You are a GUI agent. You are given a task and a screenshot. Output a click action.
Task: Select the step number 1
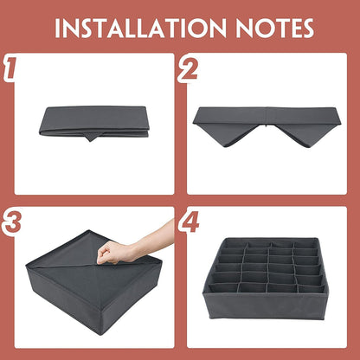pos(10,67)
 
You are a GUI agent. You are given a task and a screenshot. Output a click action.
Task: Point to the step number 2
pos(188,68)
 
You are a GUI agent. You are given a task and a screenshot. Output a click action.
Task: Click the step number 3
pos(11,222)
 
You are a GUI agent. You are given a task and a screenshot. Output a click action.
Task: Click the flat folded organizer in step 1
pos(93,122)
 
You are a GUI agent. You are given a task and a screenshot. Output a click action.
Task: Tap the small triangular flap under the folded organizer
pos(91,138)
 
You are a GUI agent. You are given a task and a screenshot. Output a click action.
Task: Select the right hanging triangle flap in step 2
pos(305,134)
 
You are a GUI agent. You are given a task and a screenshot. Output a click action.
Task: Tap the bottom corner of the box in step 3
pos(100,335)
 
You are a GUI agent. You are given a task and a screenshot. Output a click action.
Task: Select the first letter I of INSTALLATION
pos(57,29)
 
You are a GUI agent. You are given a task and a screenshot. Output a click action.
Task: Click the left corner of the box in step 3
pos(28,266)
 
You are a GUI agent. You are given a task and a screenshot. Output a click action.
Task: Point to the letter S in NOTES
pos(306,29)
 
